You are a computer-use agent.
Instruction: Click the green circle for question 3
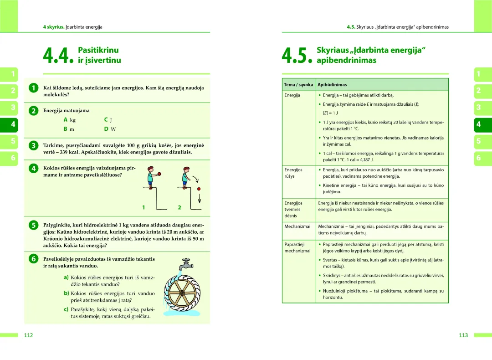click(33, 146)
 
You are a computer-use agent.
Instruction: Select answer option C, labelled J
click(108, 120)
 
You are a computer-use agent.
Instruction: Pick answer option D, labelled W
click(108, 129)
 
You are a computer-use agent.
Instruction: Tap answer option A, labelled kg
click(70, 120)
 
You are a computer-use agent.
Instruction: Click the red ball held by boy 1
click(160, 173)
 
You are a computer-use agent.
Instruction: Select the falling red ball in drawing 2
click(199, 189)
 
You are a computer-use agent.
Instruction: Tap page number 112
click(28, 335)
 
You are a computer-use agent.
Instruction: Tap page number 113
click(463, 335)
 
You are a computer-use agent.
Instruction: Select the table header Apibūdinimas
click(332, 85)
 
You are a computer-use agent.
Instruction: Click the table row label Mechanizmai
click(297, 226)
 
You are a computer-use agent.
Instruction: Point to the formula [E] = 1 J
click(330, 113)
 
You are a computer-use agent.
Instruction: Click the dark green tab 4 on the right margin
click(478, 124)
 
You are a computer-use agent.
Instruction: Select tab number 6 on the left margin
click(13, 158)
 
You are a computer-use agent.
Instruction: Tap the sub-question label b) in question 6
click(66, 293)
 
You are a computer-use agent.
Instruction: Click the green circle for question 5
click(33, 225)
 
